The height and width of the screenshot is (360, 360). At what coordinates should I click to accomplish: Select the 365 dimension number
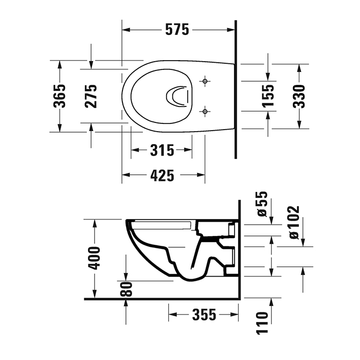pyautogui.click(x=60, y=96)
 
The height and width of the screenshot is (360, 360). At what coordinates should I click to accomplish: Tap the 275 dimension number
pyautogui.click(x=91, y=96)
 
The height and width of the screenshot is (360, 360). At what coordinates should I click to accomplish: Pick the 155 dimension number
pyautogui.click(x=267, y=96)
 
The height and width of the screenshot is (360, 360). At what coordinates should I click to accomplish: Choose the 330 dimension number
pyautogui.click(x=299, y=96)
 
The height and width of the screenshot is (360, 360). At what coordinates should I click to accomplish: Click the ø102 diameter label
pyautogui.click(x=293, y=222)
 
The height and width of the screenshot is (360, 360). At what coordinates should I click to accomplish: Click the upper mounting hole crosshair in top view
pyautogui.click(x=205, y=81)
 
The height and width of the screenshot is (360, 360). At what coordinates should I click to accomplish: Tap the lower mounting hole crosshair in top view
pyautogui.click(x=205, y=111)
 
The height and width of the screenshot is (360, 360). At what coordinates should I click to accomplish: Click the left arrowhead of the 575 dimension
pyautogui.click(x=126, y=30)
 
